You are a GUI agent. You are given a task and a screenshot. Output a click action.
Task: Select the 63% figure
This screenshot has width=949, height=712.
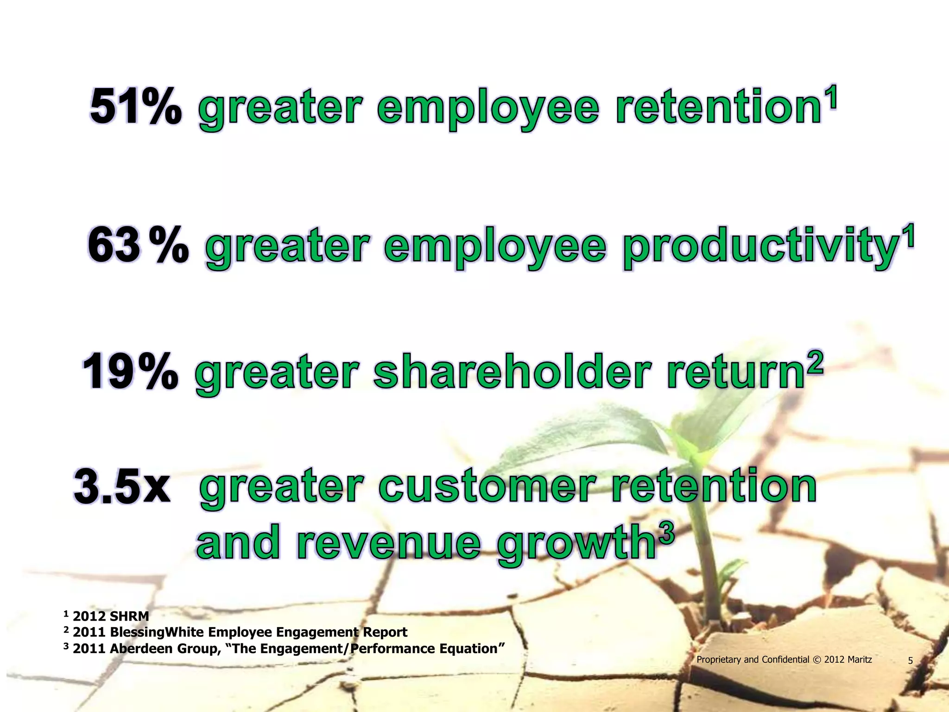[x=138, y=245]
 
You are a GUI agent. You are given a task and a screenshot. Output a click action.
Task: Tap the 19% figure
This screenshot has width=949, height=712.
[x=130, y=372]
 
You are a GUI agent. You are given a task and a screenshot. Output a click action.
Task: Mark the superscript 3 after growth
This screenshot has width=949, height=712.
[x=666, y=536]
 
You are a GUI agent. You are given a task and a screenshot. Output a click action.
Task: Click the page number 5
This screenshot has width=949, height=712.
[x=910, y=661]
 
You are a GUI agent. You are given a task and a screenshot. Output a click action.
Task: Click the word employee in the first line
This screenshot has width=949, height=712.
[x=488, y=109]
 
